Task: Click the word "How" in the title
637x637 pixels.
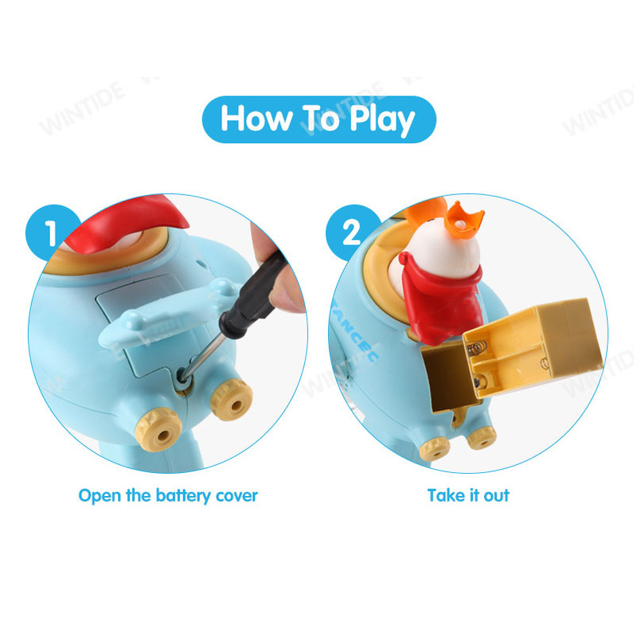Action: [x=256, y=118]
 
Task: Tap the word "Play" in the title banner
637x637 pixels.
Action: [x=382, y=120]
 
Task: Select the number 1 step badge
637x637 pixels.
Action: [x=51, y=233]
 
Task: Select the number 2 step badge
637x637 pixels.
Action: [x=352, y=233]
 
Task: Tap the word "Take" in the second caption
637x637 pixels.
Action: [x=446, y=495]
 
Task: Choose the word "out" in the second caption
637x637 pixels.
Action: [x=496, y=496]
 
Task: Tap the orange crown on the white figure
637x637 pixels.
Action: [x=464, y=221]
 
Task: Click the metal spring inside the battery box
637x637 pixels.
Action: [x=477, y=349]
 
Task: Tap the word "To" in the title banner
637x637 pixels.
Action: [x=321, y=118]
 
